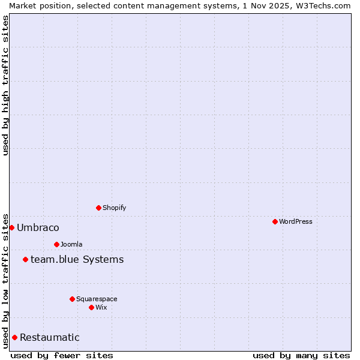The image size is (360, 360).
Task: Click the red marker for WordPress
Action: (x=275, y=221)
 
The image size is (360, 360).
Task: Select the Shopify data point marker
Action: (x=98, y=208)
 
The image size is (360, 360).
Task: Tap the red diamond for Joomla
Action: (x=56, y=244)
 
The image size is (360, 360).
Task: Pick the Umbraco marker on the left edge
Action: (x=11, y=227)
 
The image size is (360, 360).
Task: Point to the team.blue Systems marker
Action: (x=25, y=259)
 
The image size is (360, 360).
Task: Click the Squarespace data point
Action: (x=72, y=299)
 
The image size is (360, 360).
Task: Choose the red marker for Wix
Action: (x=91, y=307)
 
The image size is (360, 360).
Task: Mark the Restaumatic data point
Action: (x=14, y=337)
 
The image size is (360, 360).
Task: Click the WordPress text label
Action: (x=296, y=221)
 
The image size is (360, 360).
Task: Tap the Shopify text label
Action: (x=114, y=208)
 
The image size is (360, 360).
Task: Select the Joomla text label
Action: (x=71, y=244)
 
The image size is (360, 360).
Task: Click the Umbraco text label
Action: (x=38, y=227)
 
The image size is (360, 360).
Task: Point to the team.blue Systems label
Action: (x=77, y=259)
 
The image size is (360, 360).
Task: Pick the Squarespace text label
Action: (x=97, y=299)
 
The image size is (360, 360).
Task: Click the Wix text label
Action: (x=101, y=307)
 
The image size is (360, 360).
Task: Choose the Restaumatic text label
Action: (x=49, y=337)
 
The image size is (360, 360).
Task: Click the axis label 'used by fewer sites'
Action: (x=62, y=355)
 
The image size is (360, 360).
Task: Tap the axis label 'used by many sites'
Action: (x=301, y=355)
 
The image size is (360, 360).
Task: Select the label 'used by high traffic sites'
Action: (x=5, y=85)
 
